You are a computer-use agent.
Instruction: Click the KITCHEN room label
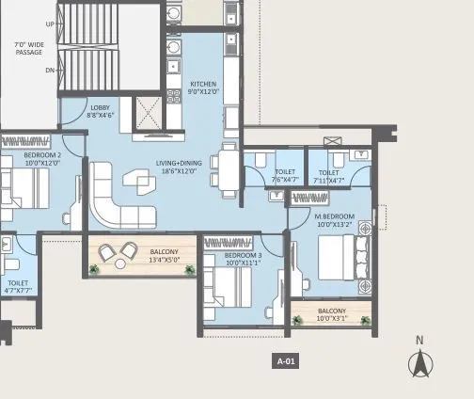pos(204,83)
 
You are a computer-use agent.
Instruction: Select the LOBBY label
pos(101,107)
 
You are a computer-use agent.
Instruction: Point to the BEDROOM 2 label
pos(41,153)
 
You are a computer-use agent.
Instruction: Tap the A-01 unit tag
pos(286,360)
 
